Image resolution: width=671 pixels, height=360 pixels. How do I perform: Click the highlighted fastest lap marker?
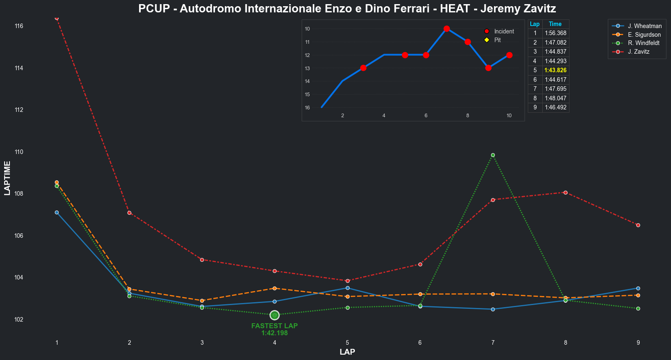coord(274,315)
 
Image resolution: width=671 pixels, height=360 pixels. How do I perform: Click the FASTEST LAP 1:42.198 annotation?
coord(274,329)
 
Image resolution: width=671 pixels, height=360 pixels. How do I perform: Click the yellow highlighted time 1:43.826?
coord(555,70)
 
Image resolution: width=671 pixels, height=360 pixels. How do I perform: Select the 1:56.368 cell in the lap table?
coord(555,33)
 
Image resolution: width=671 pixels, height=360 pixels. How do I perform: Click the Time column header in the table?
coord(555,24)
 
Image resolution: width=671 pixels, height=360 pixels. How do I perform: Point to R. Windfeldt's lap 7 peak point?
coord(493,155)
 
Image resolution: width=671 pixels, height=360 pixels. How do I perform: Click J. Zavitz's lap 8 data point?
coord(565,192)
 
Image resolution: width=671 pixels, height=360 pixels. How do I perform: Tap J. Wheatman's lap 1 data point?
coord(57,212)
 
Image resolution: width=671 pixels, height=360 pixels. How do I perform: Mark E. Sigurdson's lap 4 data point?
coord(274,288)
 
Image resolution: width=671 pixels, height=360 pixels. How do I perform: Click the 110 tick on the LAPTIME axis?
coord(19,152)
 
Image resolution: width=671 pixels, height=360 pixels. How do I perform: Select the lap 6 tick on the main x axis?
coord(420,343)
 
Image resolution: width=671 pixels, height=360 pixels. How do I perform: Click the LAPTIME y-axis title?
coord(7,178)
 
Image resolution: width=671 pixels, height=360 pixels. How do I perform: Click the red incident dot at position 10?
coord(447,28)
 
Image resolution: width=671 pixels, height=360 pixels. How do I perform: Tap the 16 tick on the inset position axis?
coord(307,108)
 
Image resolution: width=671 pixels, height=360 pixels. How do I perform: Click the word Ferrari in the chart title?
coord(413,9)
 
